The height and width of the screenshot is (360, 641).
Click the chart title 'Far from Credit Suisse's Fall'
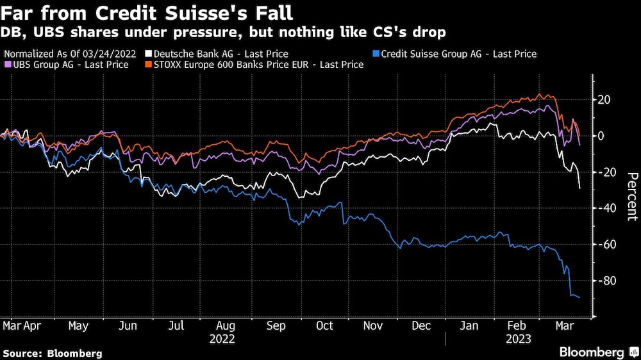click(x=147, y=13)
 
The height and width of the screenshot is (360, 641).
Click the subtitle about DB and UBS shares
click(x=225, y=32)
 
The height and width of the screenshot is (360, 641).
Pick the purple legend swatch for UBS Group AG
click(x=6, y=65)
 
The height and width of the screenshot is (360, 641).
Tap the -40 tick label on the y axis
click(x=606, y=209)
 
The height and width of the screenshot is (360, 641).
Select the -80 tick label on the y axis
click(x=606, y=281)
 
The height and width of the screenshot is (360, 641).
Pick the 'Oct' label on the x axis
click(x=324, y=326)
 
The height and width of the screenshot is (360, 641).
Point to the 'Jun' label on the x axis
click(x=128, y=326)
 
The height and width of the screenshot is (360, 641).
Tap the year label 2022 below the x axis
click(x=222, y=339)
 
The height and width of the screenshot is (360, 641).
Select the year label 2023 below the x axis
click(x=518, y=339)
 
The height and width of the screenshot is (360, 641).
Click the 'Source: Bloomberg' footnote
click(x=53, y=353)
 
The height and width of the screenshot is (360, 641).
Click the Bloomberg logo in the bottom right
click(x=596, y=352)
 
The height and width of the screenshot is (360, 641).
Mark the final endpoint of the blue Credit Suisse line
click(x=580, y=298)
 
